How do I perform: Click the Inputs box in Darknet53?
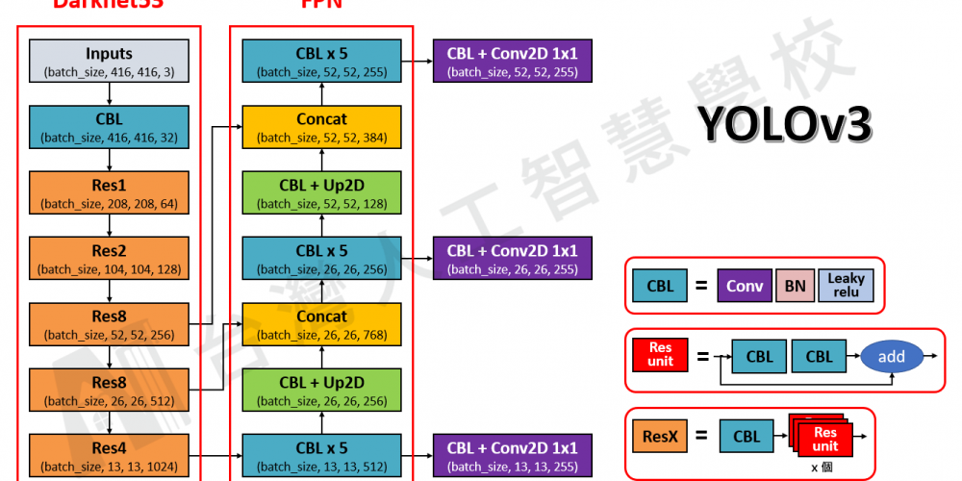(109, 61)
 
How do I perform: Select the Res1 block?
(109, 192)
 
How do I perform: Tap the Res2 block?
(109, 258)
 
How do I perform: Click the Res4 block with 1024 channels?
(109, 455)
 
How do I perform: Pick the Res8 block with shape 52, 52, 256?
(109, 323)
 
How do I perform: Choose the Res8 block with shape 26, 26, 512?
(109, 390)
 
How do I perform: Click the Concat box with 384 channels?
(321, 127)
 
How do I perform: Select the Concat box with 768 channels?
(321, 324)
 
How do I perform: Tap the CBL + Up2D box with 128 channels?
(321, 192)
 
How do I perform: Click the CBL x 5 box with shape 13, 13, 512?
(321, 455)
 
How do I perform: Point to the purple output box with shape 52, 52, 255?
(513, 61)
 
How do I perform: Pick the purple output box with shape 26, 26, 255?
(513, 258)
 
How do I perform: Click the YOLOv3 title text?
(784, 123)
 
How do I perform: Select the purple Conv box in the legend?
(745, 286)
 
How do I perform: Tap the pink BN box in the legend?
(795, 286)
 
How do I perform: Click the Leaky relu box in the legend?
(846, 286)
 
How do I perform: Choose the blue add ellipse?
(891, 356)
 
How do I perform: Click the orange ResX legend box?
(660, 437)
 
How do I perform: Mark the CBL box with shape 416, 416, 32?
(109, 127)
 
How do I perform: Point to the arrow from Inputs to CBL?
(110, 93)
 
